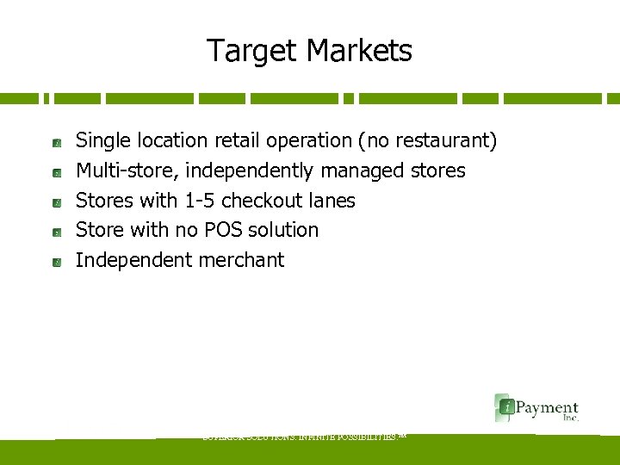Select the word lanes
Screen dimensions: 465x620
pos(332,201)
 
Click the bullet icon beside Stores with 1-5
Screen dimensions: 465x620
pos(55,202)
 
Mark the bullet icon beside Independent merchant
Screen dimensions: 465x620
pos(55,262)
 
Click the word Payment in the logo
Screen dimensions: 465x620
pos(546,406)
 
